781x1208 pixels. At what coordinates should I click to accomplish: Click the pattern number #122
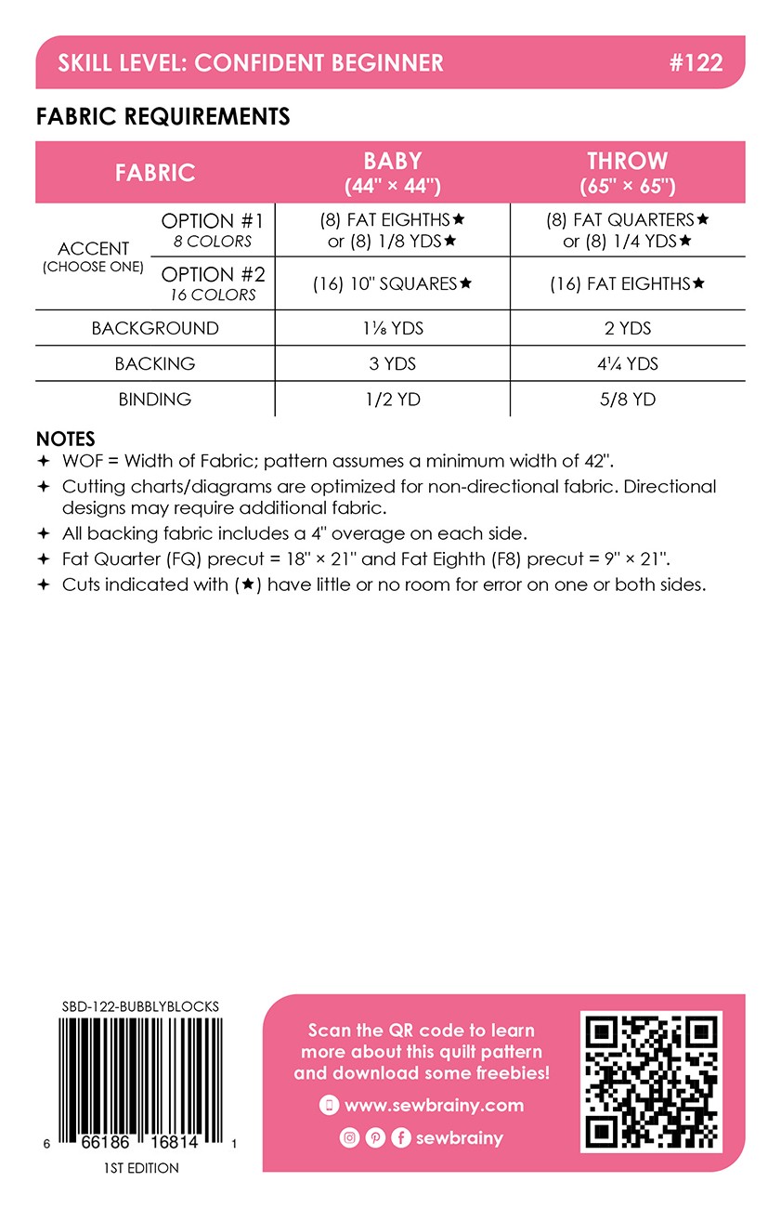695,63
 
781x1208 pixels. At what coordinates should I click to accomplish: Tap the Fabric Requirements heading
163,117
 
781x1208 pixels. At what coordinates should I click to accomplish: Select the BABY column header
392,172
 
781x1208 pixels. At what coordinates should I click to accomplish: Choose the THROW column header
627,172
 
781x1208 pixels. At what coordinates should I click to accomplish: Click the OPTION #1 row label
213,230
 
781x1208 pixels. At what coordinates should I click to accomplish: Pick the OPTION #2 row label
213,282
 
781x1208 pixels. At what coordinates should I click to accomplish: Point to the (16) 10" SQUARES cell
392,283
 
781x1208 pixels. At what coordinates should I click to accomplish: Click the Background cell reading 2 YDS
627,328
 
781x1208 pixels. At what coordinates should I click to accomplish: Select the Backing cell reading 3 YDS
392,363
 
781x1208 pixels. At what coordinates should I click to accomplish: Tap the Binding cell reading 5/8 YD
627,400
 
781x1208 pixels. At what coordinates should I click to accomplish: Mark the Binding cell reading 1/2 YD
392,400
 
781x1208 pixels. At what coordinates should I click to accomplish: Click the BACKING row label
155,363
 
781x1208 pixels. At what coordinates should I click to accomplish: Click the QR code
650,1083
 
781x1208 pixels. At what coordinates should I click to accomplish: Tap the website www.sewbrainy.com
434,1106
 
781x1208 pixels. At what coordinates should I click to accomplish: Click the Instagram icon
349,1138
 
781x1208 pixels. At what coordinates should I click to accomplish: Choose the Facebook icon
401,1138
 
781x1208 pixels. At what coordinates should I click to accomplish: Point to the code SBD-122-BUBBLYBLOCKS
140,1006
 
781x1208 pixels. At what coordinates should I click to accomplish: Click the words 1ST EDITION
141,1168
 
